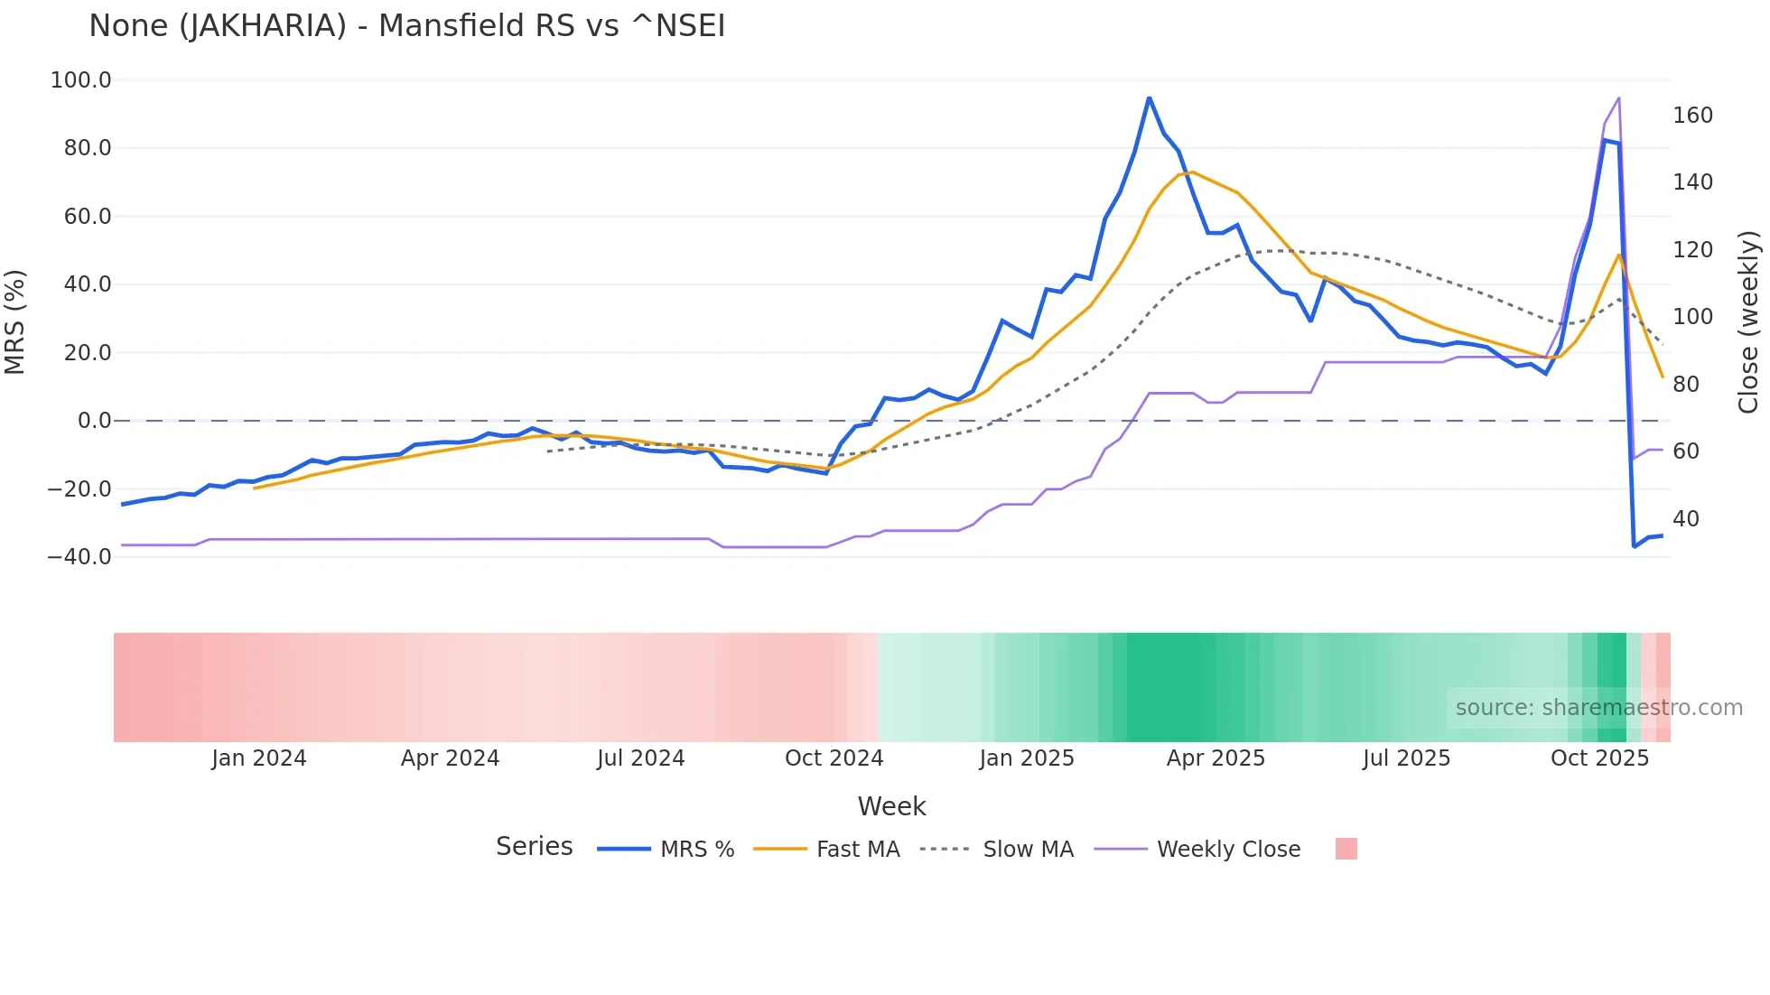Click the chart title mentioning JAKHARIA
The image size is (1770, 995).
point(406,26)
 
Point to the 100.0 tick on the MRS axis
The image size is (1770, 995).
point(80,80)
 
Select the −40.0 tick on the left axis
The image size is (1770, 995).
point(79,557)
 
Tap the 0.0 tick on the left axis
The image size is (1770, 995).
point(94,421)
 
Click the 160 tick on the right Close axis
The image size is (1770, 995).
point(1692,116)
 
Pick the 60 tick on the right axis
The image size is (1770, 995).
point(1685,451)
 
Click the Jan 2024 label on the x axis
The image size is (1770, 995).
point(259,758)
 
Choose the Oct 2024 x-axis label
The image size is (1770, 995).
point(834,758)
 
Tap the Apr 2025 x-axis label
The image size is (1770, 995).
point(1216,758)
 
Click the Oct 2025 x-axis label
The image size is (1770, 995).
point(1599,758)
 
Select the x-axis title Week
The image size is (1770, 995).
point(891,806)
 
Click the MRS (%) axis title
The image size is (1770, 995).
point(15,321)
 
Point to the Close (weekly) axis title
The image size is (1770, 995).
point(1748,321)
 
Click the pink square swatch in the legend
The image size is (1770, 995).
point(1346,849)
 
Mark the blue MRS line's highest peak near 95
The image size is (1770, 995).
point(1149,98)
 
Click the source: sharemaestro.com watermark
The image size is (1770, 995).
point(1598,708)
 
